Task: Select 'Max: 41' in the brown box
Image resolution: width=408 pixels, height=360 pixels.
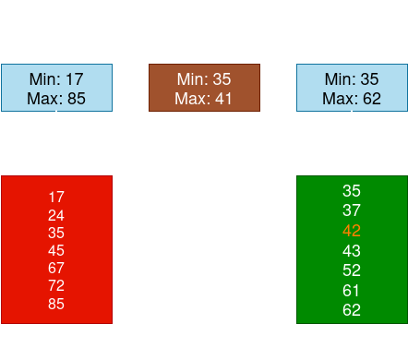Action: [203, 98]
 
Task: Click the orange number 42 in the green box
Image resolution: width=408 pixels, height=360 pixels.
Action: [351, 231]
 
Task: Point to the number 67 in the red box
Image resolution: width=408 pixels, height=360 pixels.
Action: [56, 268]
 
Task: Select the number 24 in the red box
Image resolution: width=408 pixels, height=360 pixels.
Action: [56, 215]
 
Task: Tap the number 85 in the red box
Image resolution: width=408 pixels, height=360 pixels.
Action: [56, 303]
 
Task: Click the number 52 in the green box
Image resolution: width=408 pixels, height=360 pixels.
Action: [351, 270]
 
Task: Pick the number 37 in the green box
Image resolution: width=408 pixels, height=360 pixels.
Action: [351, 210]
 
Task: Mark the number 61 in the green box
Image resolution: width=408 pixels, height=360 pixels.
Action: [351, 290]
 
